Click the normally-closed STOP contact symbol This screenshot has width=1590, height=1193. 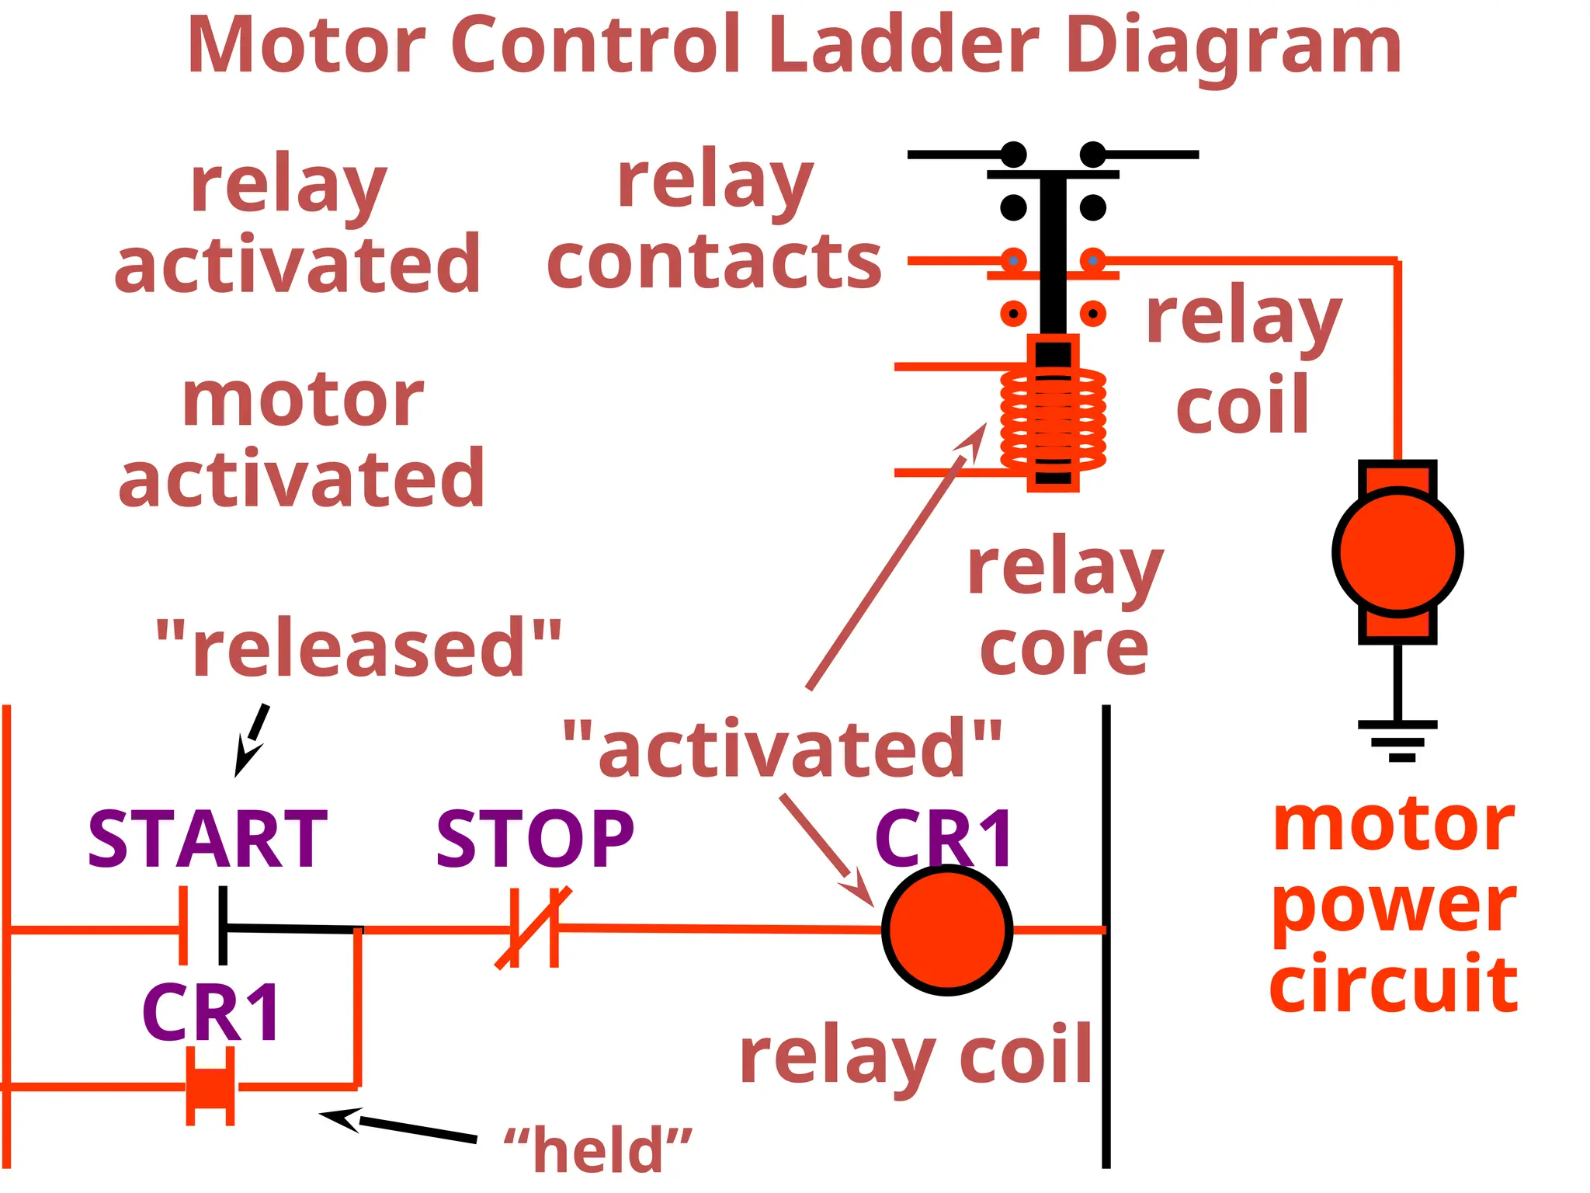coord(534,928)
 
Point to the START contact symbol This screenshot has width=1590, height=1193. coord(203,926)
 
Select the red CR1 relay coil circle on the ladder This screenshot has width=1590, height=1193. coord(946,930)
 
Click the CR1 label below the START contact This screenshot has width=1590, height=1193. coord(211,1013)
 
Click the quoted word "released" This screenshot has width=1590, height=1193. coord(359,648)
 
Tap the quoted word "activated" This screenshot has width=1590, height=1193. coord(782,748)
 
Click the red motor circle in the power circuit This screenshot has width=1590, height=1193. coord(1397,552)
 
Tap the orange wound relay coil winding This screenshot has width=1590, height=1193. coord(1053,419)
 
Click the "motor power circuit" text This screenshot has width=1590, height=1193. coord(1394,905)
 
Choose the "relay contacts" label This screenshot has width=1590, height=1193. coord(714,221)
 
